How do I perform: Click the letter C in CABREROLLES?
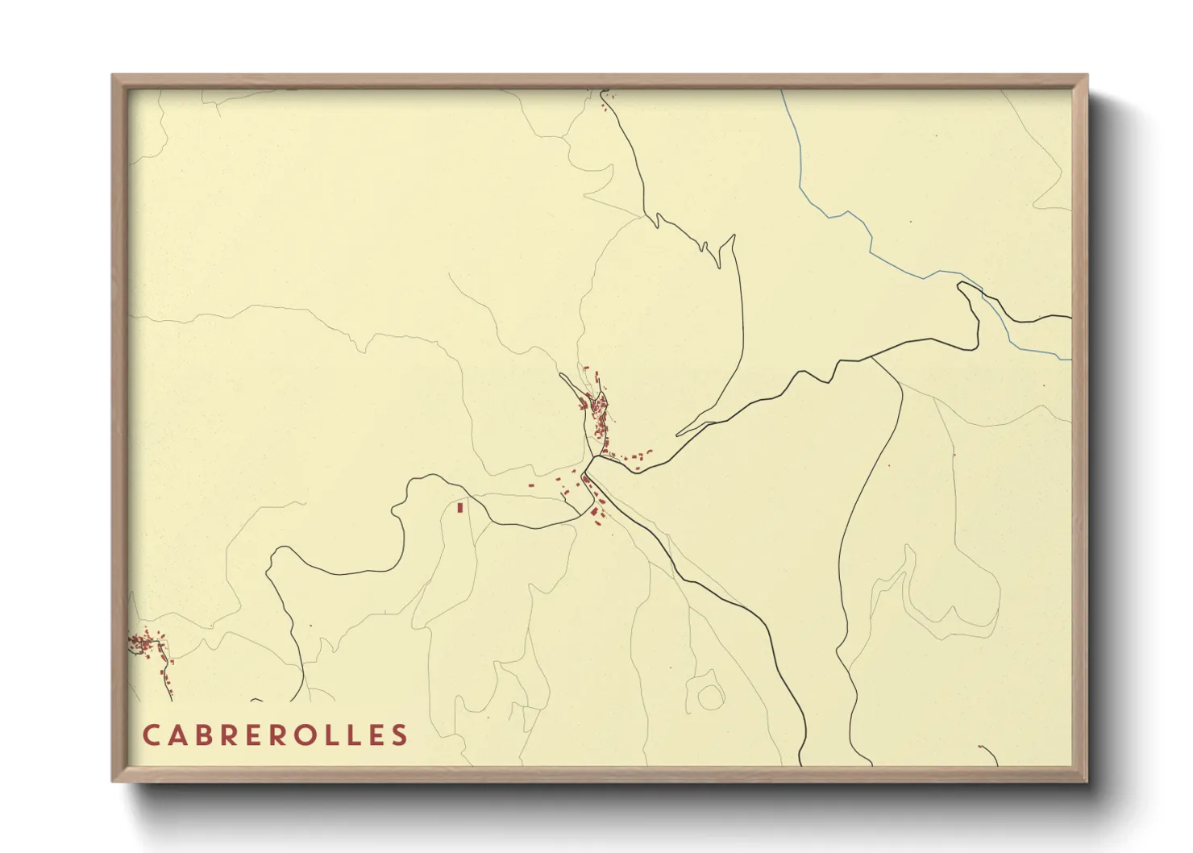(x=152, y=735)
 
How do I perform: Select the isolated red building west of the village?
(x=460, y=507)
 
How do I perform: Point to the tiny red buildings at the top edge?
(x=605, y=98)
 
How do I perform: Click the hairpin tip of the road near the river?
(x=960, y=285)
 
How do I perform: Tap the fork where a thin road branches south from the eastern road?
(x=872, y=358)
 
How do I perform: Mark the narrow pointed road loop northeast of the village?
(x=733, y=239)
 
